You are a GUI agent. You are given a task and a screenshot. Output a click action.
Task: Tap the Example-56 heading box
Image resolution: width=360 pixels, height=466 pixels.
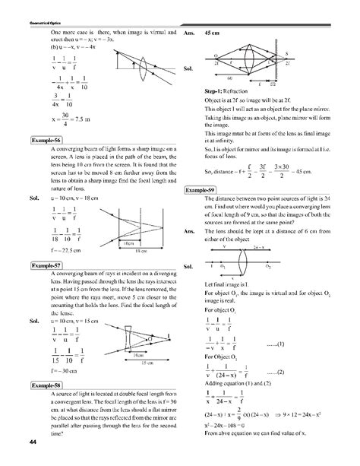point(45,141)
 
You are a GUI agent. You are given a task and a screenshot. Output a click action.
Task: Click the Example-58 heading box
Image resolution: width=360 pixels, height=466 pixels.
point(45,386)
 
